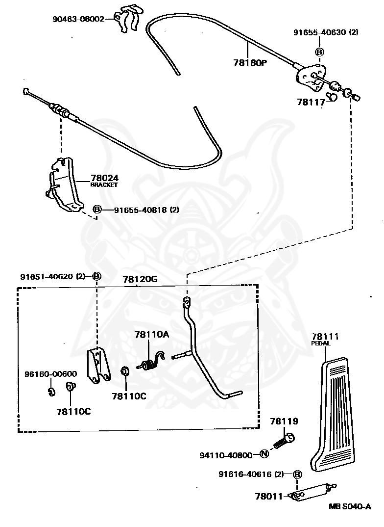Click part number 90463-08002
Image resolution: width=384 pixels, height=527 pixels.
click(x=78, y=19)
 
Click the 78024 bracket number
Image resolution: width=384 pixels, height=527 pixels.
click(x=104, y=178)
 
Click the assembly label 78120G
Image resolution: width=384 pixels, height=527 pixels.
click(x=140, y=280)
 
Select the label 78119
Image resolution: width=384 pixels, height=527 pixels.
click(x=284, y=421)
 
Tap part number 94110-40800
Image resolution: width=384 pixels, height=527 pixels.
click(x=226, y=455)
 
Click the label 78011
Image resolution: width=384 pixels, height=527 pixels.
click(x=269, y=496)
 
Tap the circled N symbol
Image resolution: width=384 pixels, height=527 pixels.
click(x=264, y=453)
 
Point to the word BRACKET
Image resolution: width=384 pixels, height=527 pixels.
click(x=104, y=185)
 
